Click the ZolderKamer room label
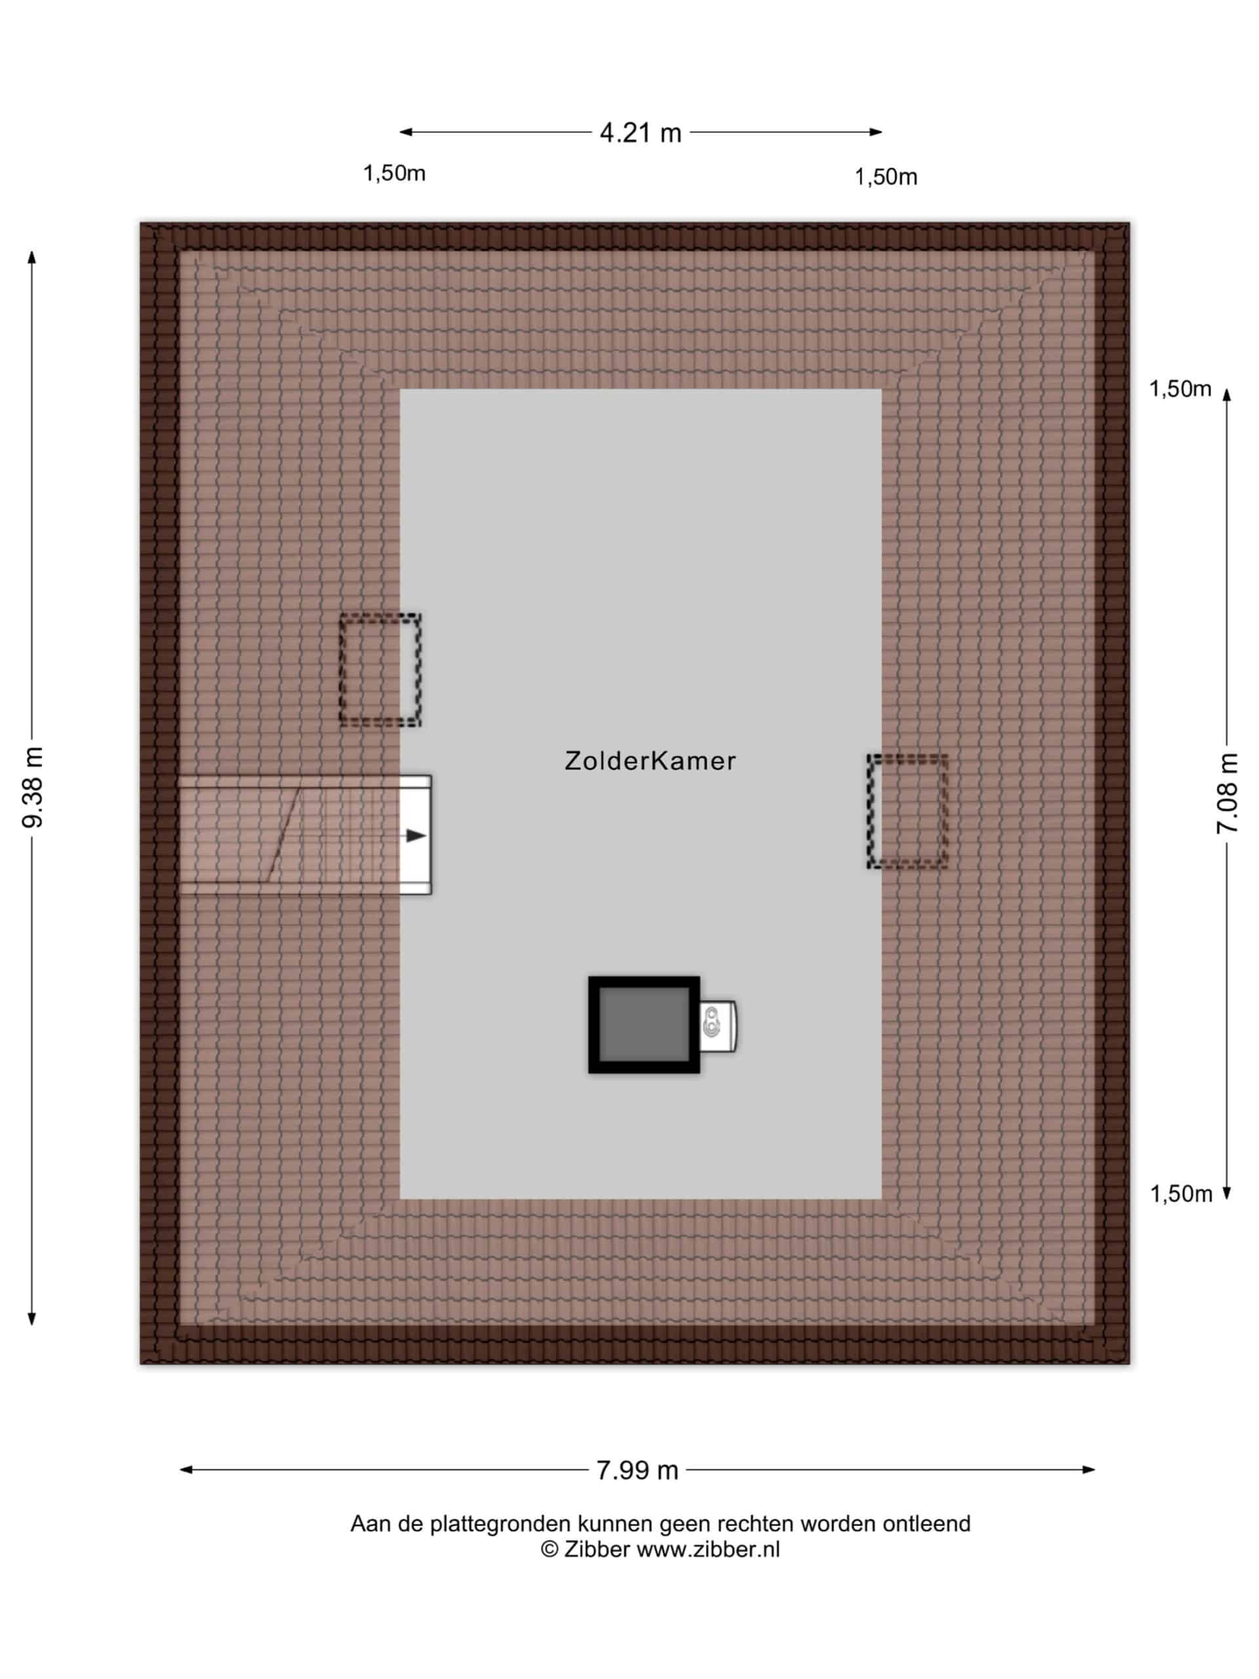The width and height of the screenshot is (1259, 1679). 650,761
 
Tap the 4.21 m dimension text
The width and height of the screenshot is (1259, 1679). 641,133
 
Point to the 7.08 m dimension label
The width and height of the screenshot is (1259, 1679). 1227,793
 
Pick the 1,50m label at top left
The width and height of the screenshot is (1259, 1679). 394,173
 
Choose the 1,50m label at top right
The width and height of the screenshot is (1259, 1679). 886,177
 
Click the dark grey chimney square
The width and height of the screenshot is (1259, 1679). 643,1024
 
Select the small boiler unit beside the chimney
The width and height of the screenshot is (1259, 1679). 718,1026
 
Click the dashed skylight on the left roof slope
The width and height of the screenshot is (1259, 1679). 380,670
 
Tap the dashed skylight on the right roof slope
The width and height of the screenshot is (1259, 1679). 908,811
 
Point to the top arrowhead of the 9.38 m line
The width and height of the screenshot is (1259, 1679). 32,256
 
